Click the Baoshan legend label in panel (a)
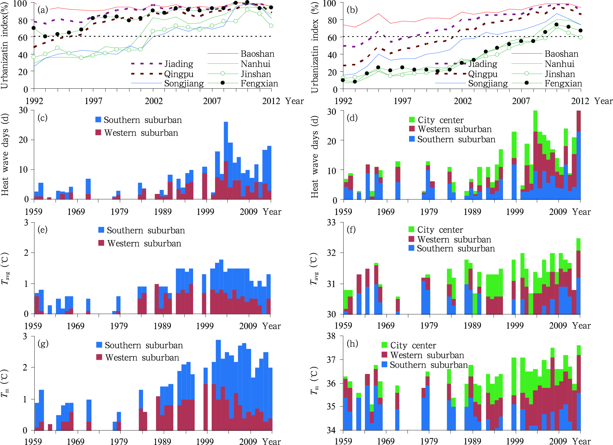[257, 54]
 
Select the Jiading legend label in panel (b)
[483, 64]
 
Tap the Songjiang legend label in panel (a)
[184, 83]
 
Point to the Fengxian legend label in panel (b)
[563, 83]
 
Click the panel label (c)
[42, 118]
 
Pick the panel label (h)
[352, 343]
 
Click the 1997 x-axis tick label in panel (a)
[93, 101]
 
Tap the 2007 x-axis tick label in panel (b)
[521, 101]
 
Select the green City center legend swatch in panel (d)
[412, 120]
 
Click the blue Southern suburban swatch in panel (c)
[98, 120]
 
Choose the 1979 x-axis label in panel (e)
[119, 326]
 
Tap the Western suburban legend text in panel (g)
[142, 358]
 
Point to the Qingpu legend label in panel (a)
[179, 74]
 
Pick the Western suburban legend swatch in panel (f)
[411, 239]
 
